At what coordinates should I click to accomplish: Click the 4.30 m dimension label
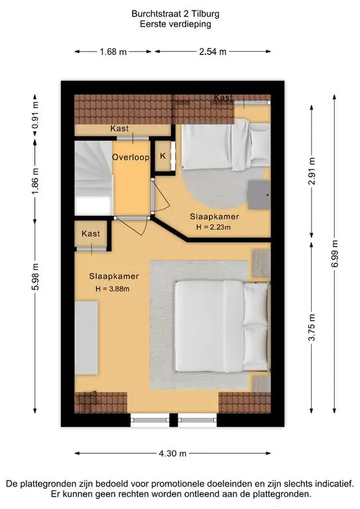click(172, 453)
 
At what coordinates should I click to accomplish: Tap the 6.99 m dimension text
click(335, 254)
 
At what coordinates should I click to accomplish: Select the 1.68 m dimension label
click(113, 52)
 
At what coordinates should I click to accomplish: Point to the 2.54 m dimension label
click(213, 52)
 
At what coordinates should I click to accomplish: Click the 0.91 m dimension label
click(35, 116)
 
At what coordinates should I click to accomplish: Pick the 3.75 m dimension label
click(312, 327)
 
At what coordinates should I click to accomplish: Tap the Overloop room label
click(131, 158)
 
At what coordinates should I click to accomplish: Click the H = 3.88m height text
click(112, 288)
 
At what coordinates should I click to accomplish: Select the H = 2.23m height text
click(213, 227)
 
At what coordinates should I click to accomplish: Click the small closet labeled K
click(163, 156)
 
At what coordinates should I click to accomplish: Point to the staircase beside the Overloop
click(93, 178)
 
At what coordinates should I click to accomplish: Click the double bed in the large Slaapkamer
click(222, 326)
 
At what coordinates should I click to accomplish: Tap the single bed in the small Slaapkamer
click(226, 144)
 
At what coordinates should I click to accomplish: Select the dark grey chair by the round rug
click(259, 195)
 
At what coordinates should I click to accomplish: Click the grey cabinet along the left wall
click(86, 337)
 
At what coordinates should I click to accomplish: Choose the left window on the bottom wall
click(150, 420)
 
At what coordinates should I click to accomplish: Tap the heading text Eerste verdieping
click(175, 24)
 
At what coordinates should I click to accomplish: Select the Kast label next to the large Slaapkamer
click(91, 233)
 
